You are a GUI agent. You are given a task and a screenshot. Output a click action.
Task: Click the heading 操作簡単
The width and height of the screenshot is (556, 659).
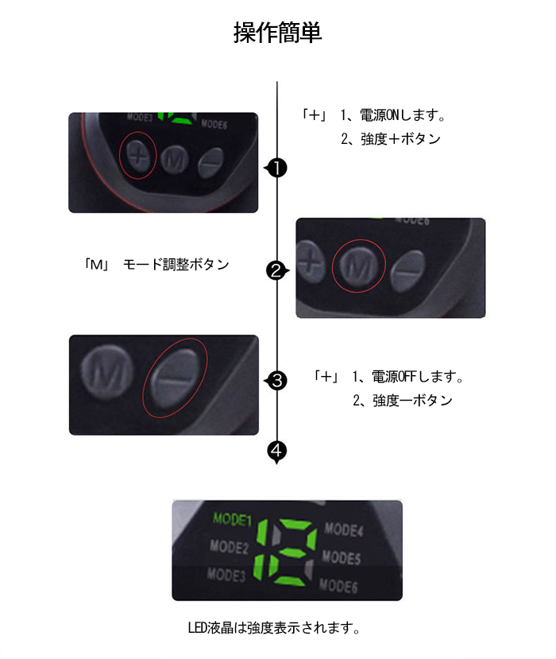[x=277, y=33]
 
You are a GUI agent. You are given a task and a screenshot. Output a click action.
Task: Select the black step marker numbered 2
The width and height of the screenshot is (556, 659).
[x=276, y=272]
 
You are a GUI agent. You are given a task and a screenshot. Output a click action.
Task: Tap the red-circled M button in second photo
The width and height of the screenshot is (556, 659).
[x=358, y=266]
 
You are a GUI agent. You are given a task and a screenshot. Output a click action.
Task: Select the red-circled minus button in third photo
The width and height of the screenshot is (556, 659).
[x=173, y=378]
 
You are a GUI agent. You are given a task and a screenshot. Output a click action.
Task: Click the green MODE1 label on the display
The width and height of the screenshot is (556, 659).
[x=232, y=520]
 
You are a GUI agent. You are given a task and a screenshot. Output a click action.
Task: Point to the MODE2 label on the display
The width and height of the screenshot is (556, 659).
[x=230, y=547]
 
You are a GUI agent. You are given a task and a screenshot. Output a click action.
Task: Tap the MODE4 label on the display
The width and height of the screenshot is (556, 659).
[x=344, y=529]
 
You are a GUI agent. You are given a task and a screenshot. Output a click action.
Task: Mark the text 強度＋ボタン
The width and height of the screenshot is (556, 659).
[x=400, y=139]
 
